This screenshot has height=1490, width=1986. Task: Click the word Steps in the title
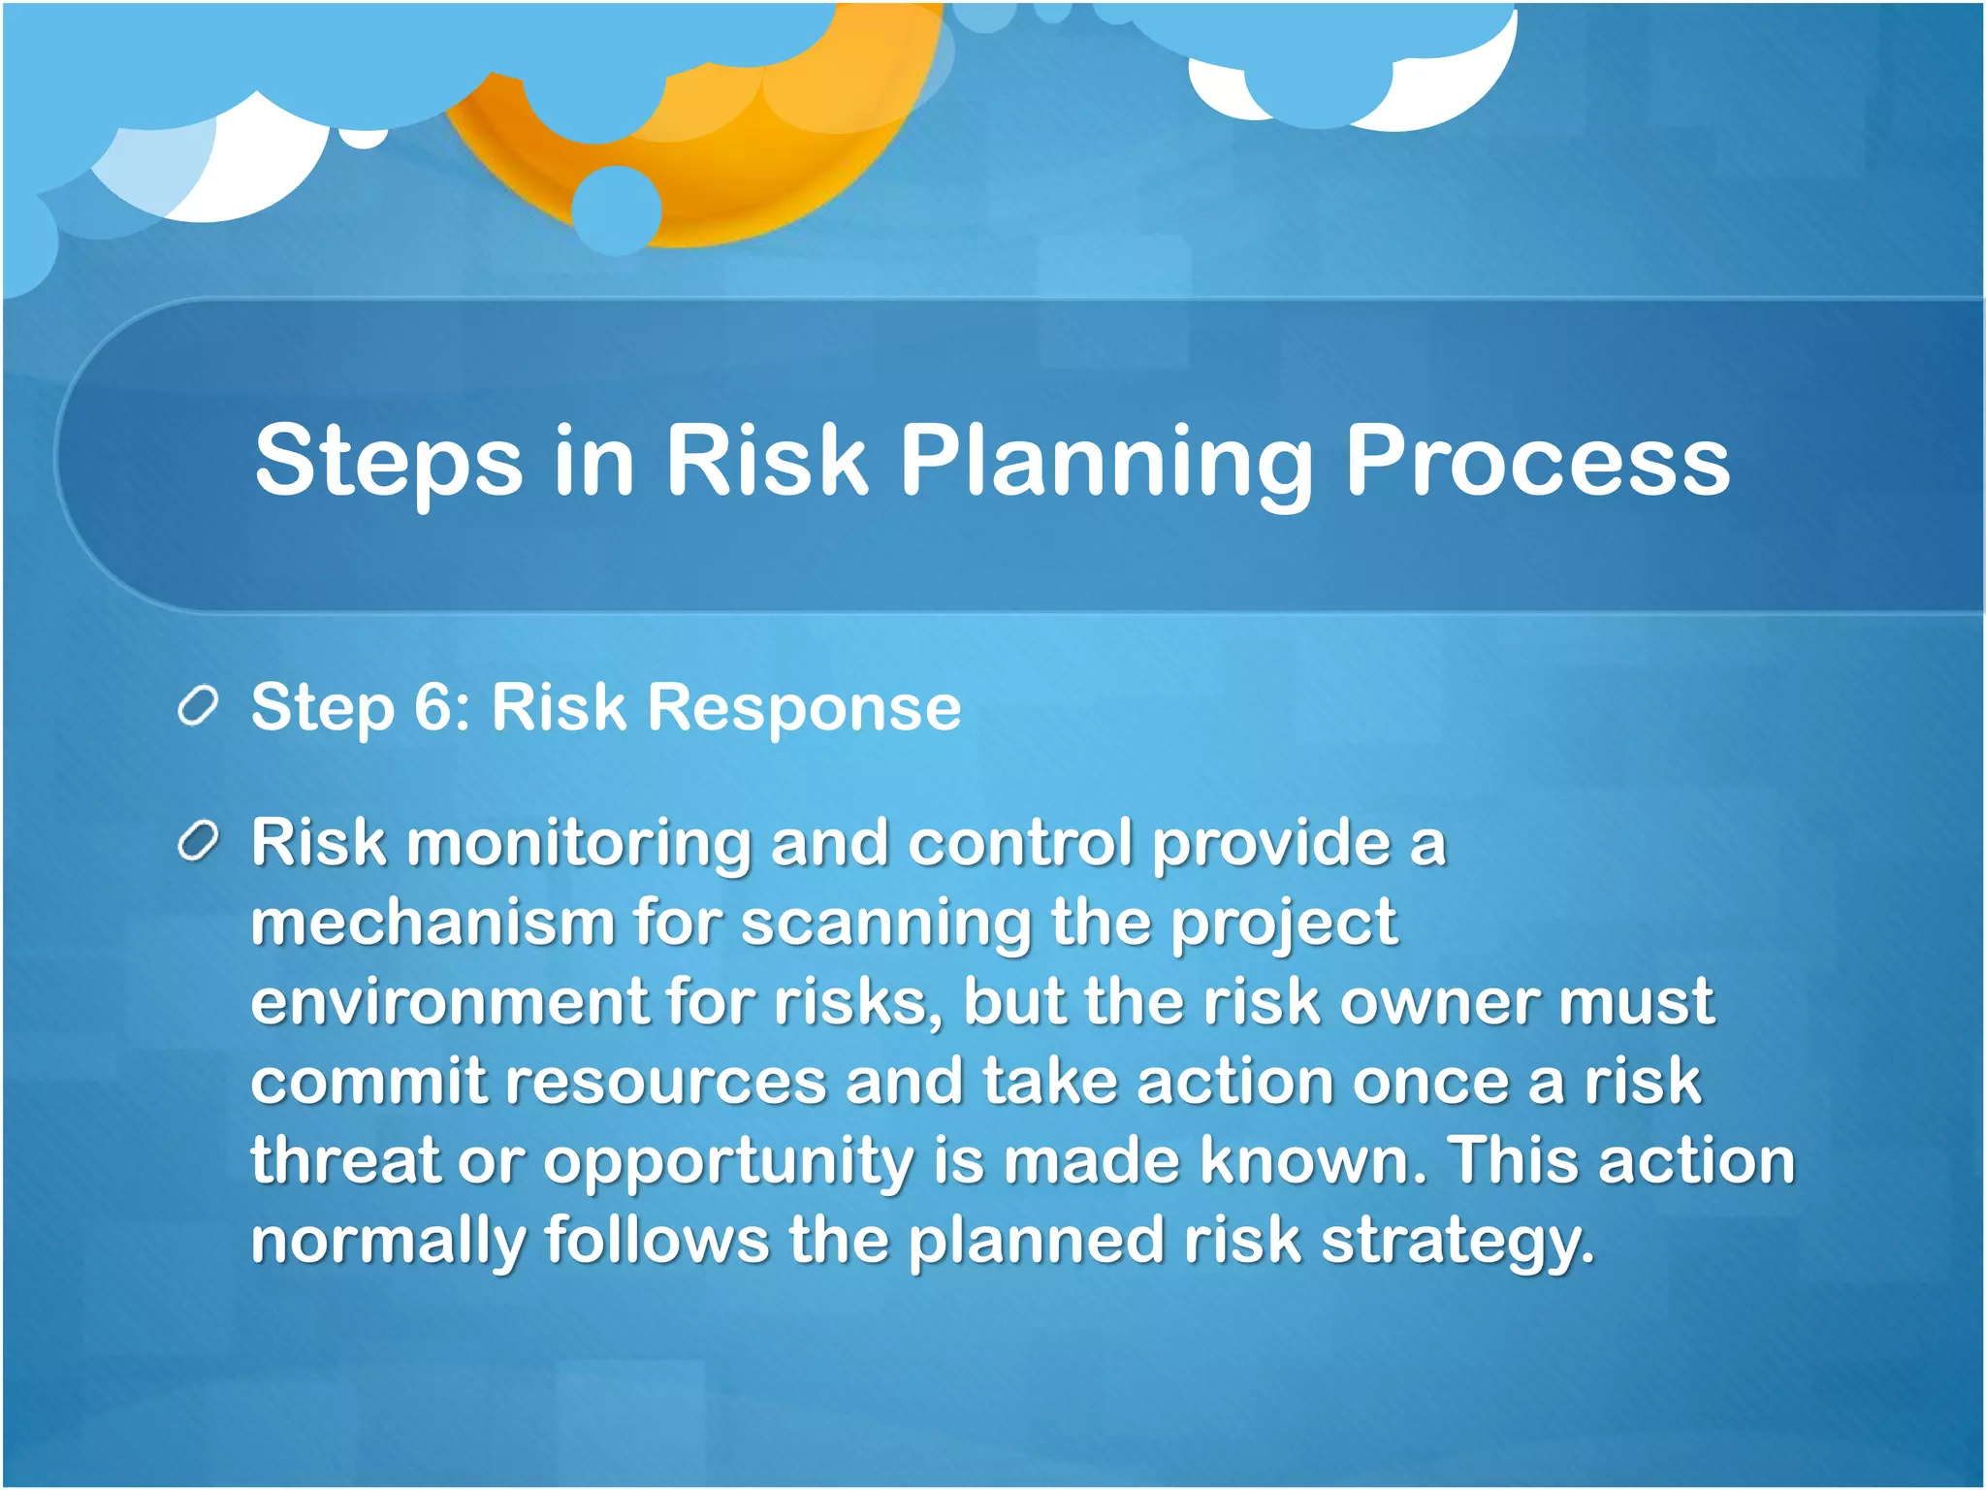[x=388, y=461]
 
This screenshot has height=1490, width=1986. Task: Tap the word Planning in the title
[x=1105, y=461]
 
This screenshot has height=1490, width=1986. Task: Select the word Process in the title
[x=1537, y=461]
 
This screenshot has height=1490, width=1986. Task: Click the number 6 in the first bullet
[x=432, y=706]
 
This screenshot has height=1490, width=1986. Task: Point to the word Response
[x=804, y=708]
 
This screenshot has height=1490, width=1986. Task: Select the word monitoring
[x=578, y=842]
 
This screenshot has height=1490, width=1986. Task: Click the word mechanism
[x=432, y=922]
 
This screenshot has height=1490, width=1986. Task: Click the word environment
[x=449, y=1001]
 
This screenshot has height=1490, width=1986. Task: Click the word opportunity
[x=727, y=1161]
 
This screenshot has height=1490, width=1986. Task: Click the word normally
[x=388, y=1242]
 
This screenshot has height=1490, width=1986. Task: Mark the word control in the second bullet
[x=1020, y=842]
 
